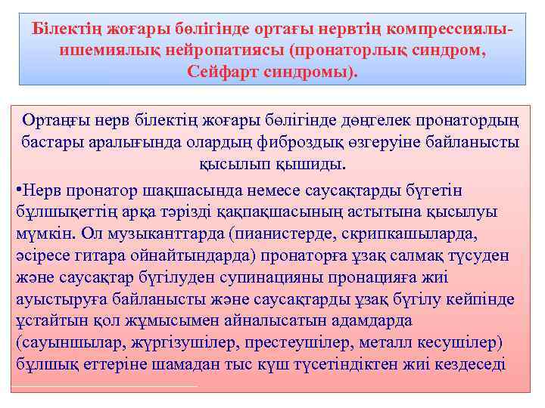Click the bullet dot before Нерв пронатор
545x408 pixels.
[18, 189]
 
